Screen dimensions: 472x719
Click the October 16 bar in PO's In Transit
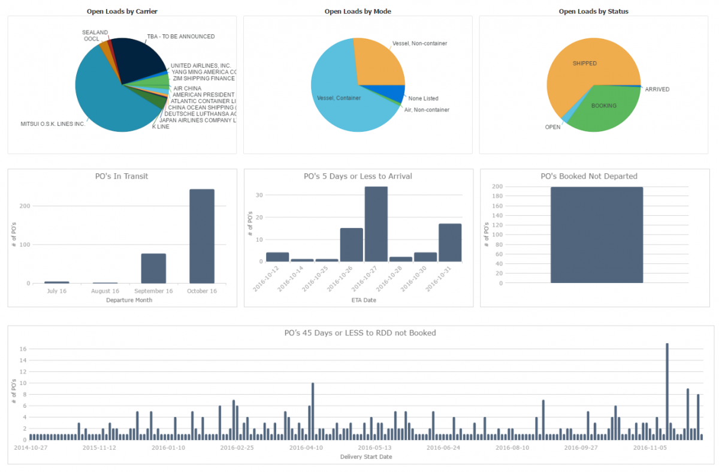[201, 237]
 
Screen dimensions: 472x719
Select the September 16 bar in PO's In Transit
[153, 269]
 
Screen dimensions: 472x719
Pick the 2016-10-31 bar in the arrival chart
[450, 243]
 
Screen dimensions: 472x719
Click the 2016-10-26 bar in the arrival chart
[351, 245]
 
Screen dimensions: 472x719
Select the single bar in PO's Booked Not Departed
[597, 235]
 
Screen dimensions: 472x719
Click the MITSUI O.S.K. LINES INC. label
[53, 124]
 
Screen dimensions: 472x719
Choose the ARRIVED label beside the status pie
[657, 89]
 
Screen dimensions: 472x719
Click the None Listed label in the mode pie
[423, 98]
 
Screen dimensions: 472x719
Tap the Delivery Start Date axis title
[365, 456]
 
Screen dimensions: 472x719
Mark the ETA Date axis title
[363, 300]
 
